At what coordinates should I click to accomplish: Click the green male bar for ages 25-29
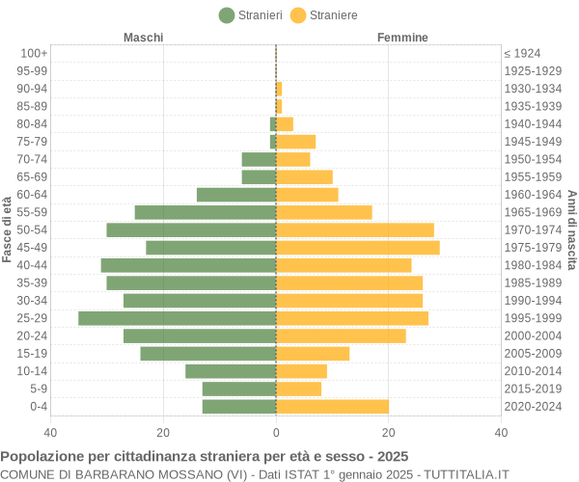pos(178,318)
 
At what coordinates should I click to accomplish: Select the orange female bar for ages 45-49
pos(358,248)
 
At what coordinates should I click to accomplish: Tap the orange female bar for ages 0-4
pos(333,407)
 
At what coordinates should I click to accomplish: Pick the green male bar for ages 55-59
pos(206,212)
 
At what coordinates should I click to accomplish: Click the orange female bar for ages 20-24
pos(342,335)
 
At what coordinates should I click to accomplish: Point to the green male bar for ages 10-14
pos(231,371)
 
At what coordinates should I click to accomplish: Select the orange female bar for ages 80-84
pos(285,123)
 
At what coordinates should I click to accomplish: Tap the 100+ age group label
pos(34,53)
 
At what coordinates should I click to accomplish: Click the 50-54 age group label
pos(33,229)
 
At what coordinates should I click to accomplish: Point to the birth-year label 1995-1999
pos(533,318)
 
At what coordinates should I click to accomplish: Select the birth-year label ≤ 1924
pos(522,53)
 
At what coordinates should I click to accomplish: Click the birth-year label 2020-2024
pos(533,407)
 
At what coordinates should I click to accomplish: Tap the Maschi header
pos(143,38)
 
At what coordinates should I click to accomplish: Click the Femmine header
pos(402,38)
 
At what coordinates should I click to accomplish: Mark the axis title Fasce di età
pos(8,229)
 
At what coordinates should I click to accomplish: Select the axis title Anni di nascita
pos(571,229)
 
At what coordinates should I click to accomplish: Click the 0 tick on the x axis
pos(276,433)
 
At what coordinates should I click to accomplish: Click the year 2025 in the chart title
pos(392,456)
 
